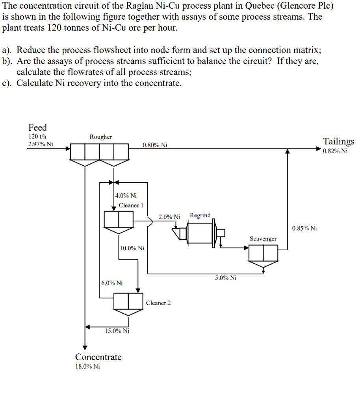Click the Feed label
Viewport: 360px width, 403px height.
pos(37,128)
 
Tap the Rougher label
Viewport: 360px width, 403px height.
pos(100,137)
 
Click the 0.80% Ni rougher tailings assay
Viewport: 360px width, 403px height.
pos(155,145)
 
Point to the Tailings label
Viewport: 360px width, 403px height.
pos(338,141)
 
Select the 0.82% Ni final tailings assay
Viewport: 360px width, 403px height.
pos(335,151)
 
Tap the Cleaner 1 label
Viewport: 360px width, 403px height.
pos(131,205)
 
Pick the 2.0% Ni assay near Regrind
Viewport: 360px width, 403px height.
pos(169,217)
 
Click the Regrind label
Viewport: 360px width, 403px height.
pos(200,215)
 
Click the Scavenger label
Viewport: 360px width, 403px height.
pos(263,239)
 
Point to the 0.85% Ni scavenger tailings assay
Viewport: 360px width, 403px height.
pos(304,228)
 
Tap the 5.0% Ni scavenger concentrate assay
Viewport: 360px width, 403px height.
pos(226,278)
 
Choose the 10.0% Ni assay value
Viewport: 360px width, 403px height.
pos(132,248)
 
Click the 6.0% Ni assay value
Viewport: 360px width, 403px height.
pos(112,283)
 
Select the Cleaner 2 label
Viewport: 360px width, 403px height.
pos(158,303)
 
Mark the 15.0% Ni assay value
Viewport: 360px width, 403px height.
pos(117,331)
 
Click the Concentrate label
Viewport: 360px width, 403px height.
pos(98,357)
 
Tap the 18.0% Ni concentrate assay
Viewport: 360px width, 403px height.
pos(87,366)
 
